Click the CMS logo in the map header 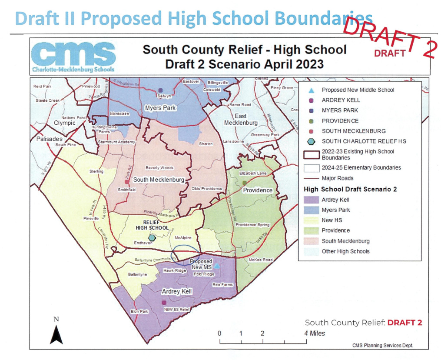coord(73,57)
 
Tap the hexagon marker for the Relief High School coord(152,238)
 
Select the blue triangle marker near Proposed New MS coord(216,265)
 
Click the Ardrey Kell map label coord(177,291)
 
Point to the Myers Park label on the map coord(160,107)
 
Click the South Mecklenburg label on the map coord(158,180)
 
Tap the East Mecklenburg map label coord(241,120)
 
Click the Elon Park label coord(139,312)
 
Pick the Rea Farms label coord(221,285)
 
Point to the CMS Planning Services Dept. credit coord(382,345)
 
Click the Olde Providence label coord(207,189)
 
